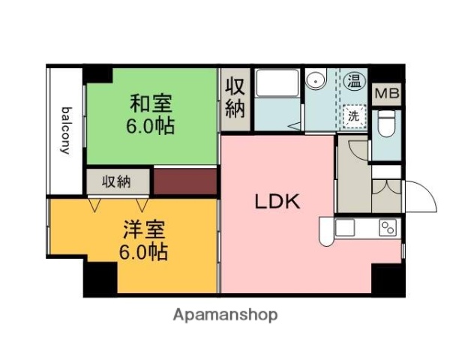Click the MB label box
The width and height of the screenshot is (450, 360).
click(x=386, y=94)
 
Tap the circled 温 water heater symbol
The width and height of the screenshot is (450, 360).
click(x=353, y=78)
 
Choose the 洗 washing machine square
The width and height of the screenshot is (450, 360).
click(x=353, y=116)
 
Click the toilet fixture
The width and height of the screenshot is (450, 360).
click(x=385, y=124)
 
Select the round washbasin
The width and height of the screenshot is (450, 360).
click(x=316, y=79)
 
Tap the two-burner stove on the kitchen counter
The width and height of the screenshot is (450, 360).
click(x=388, y=227)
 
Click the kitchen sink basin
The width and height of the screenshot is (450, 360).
click(x=346, y=227)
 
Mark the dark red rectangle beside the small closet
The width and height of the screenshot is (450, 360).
click(x=184, y=181)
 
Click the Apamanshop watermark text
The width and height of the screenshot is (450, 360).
click(x=225, y=314)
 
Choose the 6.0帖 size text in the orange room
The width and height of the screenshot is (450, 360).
click(x=142, y=251)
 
